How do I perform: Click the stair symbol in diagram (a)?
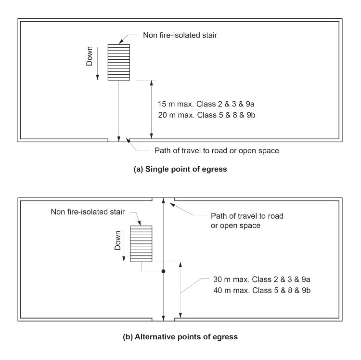coord(118,63)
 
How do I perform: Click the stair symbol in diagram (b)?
coord(141,244)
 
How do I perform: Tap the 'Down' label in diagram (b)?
coord(117,242)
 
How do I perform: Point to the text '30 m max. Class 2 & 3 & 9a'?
coord(256,280)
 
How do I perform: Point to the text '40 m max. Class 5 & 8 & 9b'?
coord(256,291)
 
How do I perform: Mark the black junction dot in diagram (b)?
coord(163,272)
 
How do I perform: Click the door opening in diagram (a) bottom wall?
coord(118,140)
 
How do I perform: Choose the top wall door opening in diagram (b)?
coord(163,199)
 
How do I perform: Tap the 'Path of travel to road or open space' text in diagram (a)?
coord(217,150)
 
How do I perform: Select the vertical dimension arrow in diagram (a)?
coord(152,109)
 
